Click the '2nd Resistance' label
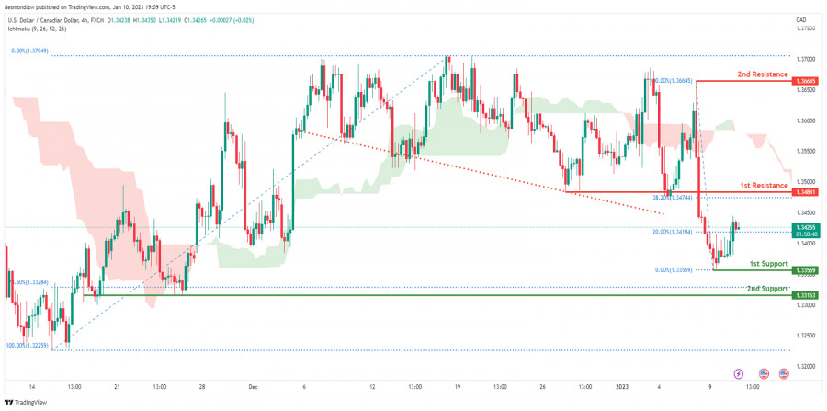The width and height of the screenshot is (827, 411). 762,73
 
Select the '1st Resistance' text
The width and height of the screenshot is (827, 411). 763,185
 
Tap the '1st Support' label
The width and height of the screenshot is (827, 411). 768,263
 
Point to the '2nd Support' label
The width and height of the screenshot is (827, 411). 767,288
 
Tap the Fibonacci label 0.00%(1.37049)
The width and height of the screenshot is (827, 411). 28,51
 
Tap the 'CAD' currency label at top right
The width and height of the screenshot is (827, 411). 800,18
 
